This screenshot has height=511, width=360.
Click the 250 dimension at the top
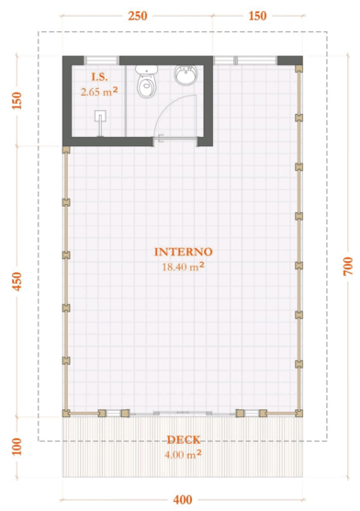[x=138, y=16]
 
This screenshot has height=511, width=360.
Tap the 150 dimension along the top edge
[x=257, y=16]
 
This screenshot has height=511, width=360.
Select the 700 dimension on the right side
[x=348, y=267]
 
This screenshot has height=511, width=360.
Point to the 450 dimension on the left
[x=17, y=281]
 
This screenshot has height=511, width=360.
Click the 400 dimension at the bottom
[x=183, y=500]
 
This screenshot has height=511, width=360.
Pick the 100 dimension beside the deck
[x=17, y=447]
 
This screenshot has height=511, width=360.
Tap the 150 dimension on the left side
[x=17, y=101]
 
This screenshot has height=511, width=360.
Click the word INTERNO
[x=184, y=252]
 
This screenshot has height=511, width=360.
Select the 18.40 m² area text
[x=184, y=267]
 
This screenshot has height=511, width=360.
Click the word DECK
[x=184, y=440]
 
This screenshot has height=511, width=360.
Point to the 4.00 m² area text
[x=183, y=454]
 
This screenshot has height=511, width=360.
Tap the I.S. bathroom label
[x=99, y=77]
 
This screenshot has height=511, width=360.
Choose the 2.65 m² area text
[x=99, y=92]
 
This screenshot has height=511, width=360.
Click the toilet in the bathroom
[x=147, y=82]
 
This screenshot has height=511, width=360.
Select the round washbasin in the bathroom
[x=186, y=74]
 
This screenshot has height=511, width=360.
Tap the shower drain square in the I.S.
[x=100, y=116]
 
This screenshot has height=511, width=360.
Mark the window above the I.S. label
[x=101, y=61]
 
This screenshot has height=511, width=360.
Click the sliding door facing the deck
[x=183, y=414]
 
